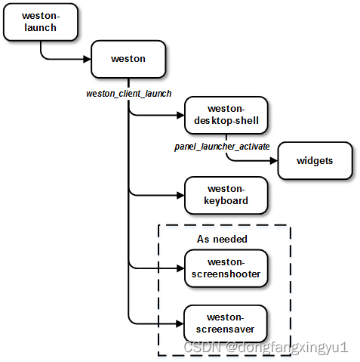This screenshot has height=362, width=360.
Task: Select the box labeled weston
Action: [x=128, y=58]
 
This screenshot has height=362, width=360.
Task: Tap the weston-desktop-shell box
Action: [x=226, y=116]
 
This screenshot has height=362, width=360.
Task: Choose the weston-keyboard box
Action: [x=226, y=195]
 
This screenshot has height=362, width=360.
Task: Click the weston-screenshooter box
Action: [x=226, y=268]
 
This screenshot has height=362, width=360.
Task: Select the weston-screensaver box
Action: [x=226, y=323]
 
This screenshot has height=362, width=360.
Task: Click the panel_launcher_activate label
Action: [x=222, y=145]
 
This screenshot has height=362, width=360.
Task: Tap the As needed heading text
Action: [x=223, y=239]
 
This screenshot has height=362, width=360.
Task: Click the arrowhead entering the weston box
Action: [x=87, y=58]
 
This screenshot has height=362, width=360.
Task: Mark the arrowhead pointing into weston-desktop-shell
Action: [x=180, y=116]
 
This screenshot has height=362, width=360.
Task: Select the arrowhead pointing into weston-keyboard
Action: [x=180, y=195]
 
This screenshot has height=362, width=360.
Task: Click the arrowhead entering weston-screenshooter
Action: [x=180, y=268]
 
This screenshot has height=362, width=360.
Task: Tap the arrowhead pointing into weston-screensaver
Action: [x=180, y=323]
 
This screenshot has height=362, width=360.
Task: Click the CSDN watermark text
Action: [x=264, y=348]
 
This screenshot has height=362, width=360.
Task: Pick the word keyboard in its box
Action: [x=226, y=202]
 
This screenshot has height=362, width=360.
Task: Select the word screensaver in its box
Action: [x=226, y=330]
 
